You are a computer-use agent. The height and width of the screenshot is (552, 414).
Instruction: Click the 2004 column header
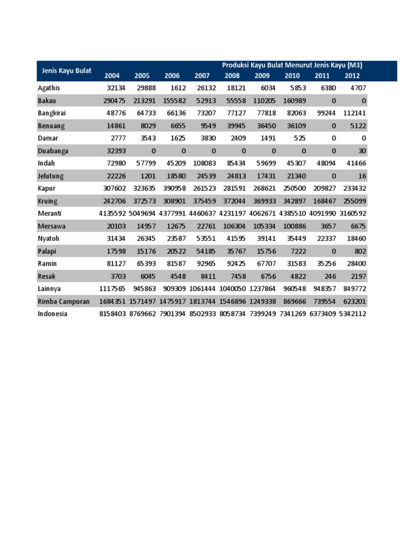point(112,76)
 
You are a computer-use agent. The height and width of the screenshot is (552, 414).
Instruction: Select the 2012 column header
point(353,76)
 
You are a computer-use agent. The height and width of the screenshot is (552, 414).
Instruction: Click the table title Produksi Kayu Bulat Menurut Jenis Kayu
point(292,65)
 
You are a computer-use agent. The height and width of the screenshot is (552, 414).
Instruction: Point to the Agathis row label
point(49,87)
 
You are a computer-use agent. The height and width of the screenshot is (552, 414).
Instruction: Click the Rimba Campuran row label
point(64,301)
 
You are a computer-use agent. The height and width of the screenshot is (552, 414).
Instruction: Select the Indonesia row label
point(53,314)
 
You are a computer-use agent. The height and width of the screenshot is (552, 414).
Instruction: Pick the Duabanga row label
point(53,150)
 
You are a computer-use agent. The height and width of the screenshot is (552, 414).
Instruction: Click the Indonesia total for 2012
point(353,314)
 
